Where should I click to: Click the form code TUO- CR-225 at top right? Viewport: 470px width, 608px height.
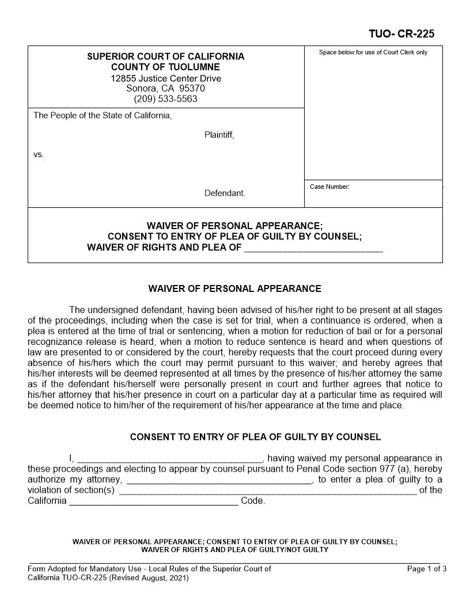click(401, 34)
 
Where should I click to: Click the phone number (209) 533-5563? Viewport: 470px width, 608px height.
click(165, 98)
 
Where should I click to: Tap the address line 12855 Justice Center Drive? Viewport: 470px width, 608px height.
click(165, 78)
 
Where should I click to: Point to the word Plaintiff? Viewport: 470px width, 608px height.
click(219, 135)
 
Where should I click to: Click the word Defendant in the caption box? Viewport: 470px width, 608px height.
click(225, 193)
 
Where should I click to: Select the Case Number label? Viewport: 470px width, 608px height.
click(329, 187)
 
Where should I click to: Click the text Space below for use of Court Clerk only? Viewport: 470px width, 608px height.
click(373, 52)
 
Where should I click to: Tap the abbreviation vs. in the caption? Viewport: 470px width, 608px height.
click(38, 155)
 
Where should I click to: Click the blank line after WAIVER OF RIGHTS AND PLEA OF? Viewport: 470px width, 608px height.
click(313, 249)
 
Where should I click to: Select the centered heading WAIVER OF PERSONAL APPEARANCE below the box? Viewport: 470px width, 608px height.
click(234, 288)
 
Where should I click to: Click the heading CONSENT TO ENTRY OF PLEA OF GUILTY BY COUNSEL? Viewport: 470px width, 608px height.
click(255, 437)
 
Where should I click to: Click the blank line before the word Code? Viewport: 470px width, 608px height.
click(153, 502)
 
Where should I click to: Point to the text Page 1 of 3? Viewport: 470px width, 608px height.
click(426, 569)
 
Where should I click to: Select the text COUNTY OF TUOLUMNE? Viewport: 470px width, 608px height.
click(165, 67)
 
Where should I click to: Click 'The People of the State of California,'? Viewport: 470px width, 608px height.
click(103, 116)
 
